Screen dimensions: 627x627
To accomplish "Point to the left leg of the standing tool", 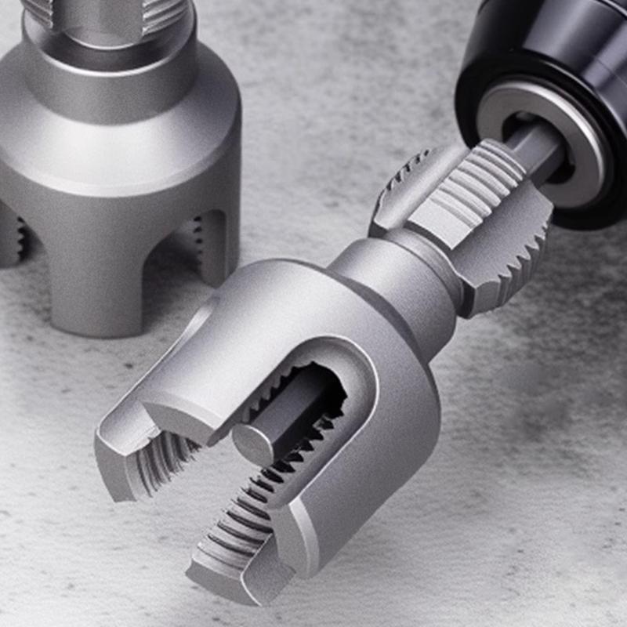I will coord(9,235).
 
